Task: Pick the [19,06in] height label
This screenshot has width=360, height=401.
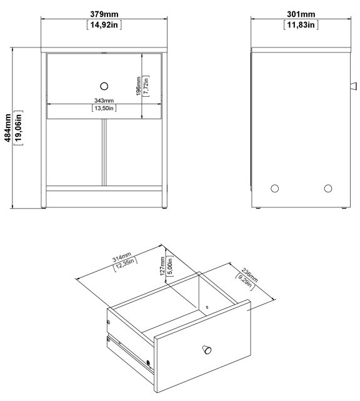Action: (18, 129)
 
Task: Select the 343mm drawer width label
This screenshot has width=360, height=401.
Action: (104, 101)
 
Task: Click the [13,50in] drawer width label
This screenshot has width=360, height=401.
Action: (104, 109)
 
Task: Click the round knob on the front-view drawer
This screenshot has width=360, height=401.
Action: (104, 85)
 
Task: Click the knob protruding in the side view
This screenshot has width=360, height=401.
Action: (352, 85)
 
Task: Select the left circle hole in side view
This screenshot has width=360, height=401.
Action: (274, 187)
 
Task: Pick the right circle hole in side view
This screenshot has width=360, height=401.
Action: (328, 187)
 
